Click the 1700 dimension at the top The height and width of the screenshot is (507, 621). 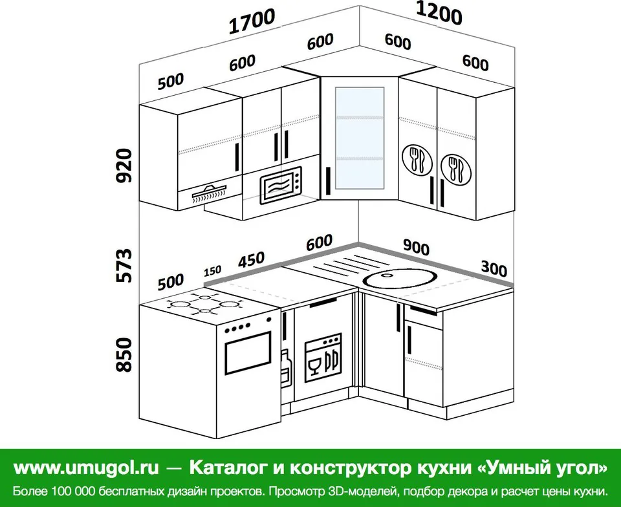[x=252, y=21]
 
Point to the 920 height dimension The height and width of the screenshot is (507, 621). [x=124, y=166]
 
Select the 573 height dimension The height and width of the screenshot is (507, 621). [x=124, y=265]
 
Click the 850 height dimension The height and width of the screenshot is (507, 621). [x=124, y=354]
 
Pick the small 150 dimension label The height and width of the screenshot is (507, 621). [x=213, y=271]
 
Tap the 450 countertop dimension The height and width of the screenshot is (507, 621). [x=251, y=260]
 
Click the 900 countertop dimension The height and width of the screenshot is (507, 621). [x=416, y=247]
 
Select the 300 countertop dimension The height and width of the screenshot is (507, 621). [x=494, y=269]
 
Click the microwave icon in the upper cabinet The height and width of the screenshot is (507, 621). [x=281, y=185]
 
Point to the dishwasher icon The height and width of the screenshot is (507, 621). [x=323, y=358]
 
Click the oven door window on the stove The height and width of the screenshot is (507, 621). [x=248, y=353]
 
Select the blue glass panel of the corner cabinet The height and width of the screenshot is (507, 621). [x=360, y=138]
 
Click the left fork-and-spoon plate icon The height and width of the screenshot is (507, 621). [x=417, y=160]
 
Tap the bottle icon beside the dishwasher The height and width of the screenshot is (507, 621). [x=286, y=366]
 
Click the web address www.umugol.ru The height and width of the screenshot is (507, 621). [x=86, y=468]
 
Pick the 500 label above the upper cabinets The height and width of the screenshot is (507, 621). [x=171, y=81]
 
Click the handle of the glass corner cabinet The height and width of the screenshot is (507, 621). [x=329, y=181]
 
